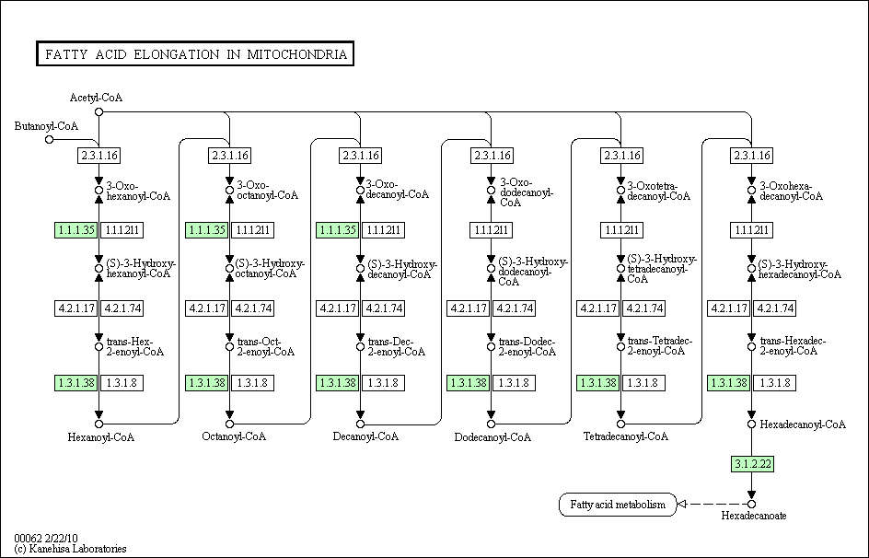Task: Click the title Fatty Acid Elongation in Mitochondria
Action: (x=194, y=54)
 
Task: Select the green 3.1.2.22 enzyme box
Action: (x=751, y=464)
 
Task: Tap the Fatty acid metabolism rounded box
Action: (x=617, y=505)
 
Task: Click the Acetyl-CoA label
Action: (x=97, y=98)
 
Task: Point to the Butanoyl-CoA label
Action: (x=46, y=126)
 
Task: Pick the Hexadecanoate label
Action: (x=754, y=517)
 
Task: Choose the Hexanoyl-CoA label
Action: (x=101, y=437)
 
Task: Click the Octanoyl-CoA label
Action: (x=234, y=436)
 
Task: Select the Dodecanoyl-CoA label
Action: (x=493, y=437)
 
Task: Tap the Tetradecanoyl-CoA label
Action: (x=626, y=436)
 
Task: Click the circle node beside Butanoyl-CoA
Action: (x=50, y=140)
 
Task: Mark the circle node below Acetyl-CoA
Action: (x=99, y=112)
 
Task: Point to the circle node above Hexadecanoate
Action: (x=751, y=504)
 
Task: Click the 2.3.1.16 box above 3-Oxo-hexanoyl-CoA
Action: (x=99, y=156)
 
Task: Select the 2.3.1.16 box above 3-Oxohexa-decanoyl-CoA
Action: (x=751, y=156)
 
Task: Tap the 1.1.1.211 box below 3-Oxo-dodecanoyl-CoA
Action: (x=491, y=229)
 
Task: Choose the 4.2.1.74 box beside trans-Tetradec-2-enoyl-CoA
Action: (x=643, y=308)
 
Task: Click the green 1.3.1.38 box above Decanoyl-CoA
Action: (x=337, y=382)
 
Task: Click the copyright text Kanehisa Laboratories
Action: (x=71, y=549)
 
